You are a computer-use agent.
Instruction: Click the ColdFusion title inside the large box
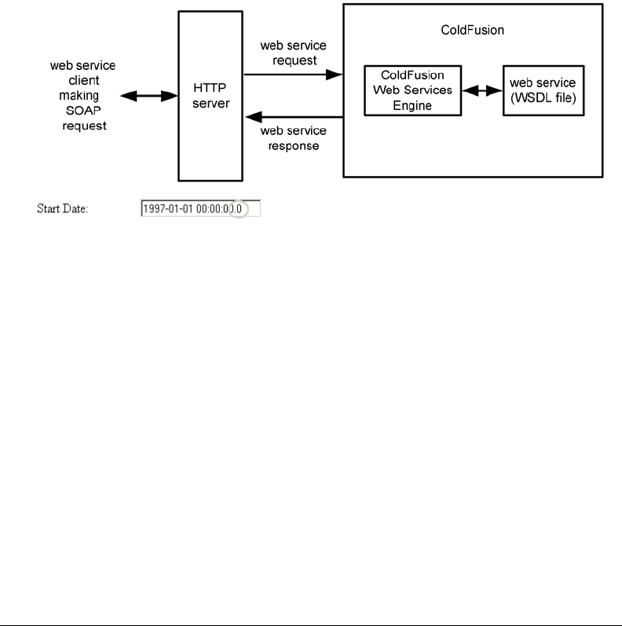pos(473,31)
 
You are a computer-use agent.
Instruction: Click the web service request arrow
pos(293,75)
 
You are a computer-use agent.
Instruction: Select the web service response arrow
pos(293,118)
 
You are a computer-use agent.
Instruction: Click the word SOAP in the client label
pos(84,112)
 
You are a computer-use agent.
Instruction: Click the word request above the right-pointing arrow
pos(293,58)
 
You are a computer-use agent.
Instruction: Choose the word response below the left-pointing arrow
pos(293,146)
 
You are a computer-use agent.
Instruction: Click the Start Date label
pos(63,210)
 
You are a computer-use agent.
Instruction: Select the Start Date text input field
pos(199,209)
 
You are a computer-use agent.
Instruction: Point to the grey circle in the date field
pos(236,209)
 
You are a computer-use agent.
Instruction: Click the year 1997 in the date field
pos(154,209)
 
